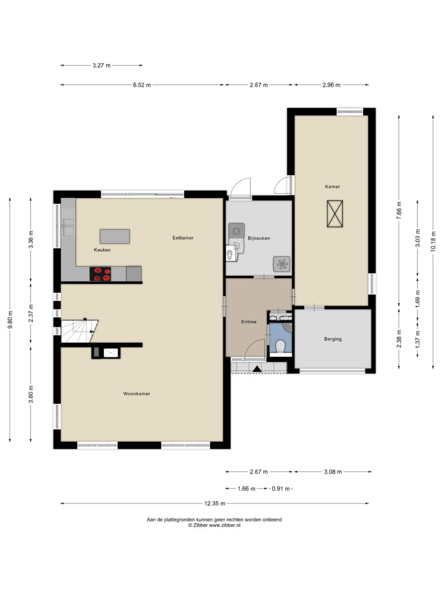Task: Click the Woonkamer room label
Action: tap(137, 394)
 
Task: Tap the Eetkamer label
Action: tap(183, 238)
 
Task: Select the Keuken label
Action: tap(102, 250)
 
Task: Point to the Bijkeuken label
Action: tap(259, 238)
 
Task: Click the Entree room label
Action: tap(249, 322)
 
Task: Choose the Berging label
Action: tap(333, 339)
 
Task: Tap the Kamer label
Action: tap(333, 187)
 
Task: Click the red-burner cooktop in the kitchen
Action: tap(100, 274)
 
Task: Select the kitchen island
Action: tap(115, 236)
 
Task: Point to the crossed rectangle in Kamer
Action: tap(335, 214)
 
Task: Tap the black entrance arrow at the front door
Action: tap(257, 369)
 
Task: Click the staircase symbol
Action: tap(79, 331)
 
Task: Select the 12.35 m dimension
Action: tap(215, 504)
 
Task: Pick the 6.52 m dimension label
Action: tap(142, 85)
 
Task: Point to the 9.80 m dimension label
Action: tap(10, 320)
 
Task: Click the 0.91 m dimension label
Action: tap(281, 489)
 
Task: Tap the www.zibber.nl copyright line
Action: tap(215, 525)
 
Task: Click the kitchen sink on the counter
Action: tap(69, 228)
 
